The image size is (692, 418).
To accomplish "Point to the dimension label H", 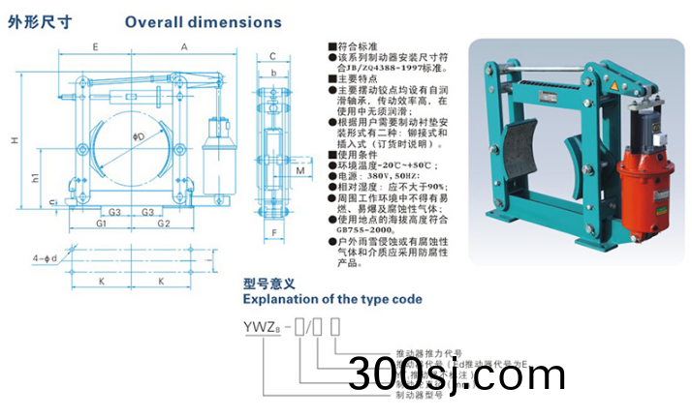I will [x=14, y=140].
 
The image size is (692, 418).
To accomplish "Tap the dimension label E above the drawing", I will [x=95, y=46].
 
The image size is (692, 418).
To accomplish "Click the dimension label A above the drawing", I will [x=183, y=46].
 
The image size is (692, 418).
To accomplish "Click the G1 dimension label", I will [x=100, y=224].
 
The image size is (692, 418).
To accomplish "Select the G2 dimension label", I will [x=164, y=224].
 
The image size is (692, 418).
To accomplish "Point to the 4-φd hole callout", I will [x=45, y=258].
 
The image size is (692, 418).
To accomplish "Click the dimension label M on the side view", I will [x=300, y=170].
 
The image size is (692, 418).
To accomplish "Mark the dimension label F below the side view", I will [x=274, y=233].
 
